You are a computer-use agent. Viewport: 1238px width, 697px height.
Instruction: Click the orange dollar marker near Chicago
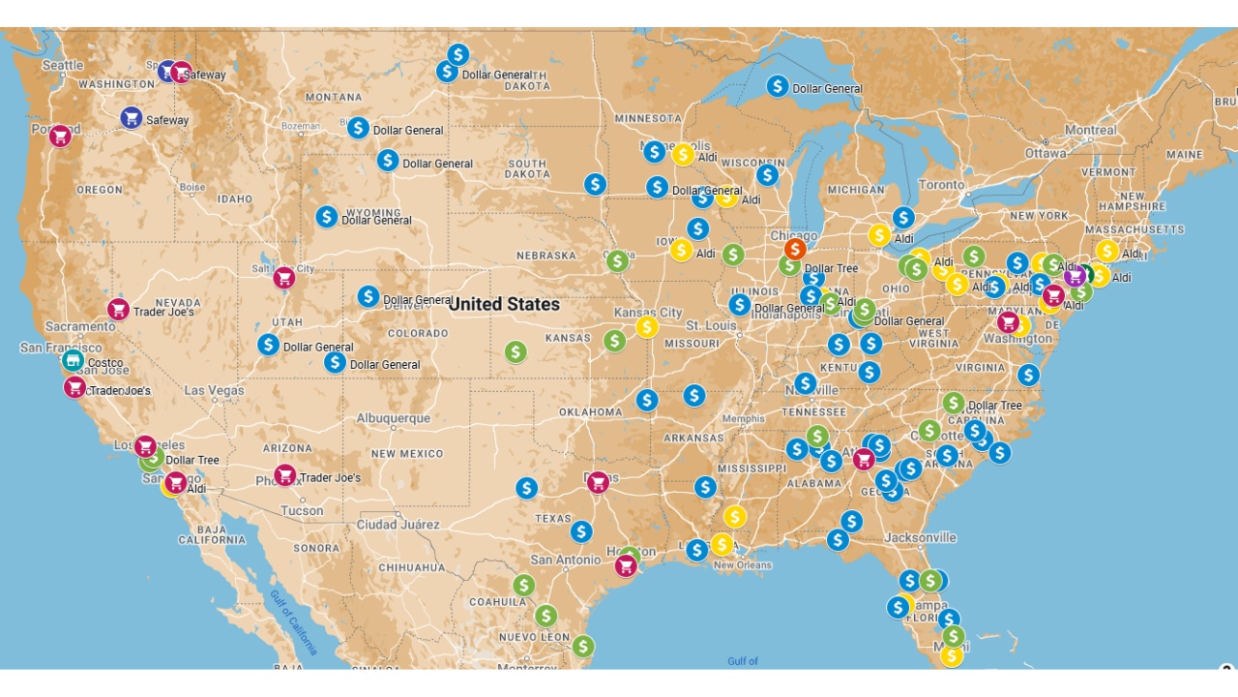(x=795, y=249)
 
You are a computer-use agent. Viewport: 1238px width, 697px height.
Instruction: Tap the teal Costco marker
(x=73, y=361)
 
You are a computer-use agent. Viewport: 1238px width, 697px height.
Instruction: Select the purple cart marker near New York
(x=1075, y=277)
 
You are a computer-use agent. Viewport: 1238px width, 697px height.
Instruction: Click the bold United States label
(x=504, y=304)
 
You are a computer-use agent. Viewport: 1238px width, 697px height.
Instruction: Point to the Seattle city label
(x=63, y=65)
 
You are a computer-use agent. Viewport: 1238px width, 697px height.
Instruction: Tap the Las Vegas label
(x=214, y=390)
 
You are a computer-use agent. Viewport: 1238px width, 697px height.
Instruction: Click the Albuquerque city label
(x=393, y=418)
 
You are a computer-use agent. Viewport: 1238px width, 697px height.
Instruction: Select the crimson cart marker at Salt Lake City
(x=283, y=278)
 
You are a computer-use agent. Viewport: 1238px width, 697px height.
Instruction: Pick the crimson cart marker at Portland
(x=60, y=136)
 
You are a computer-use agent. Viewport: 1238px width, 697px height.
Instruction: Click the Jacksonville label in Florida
(x=920, y=537)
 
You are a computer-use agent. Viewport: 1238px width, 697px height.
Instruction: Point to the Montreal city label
(x=1091, y=130)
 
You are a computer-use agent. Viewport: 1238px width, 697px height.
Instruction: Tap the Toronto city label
(x=941, y=185)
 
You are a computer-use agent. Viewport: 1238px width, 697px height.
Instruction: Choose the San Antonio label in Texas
(x=566, y=560)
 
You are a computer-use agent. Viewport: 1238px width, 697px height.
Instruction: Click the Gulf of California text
(x=294, y=621)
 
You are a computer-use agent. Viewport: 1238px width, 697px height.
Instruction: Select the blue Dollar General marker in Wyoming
(x=327, y=217)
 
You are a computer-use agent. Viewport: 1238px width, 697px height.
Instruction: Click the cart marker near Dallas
(x=598, y=482)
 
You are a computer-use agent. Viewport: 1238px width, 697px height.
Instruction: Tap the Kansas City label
(x=647, y=313)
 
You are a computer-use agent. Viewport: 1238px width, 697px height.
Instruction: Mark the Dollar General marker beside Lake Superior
(x=778, y=86)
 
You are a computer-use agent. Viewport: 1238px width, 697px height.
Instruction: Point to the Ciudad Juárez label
(x=398, y=525)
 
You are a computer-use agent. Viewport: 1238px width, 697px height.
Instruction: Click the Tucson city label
(x=302, y=510)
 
